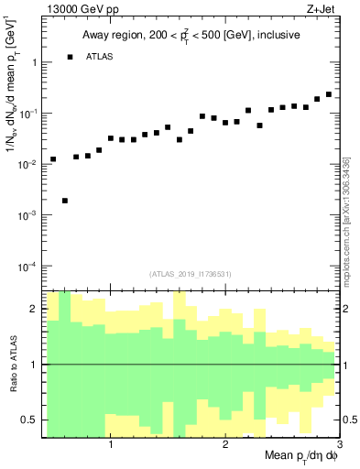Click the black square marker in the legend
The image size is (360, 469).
coord(70,57)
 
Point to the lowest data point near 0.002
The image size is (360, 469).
coord(65,201)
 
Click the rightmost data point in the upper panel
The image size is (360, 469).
coord(329,94)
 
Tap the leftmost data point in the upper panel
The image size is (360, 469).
coord(53,159)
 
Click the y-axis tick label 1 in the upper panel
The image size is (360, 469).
coord(33,63)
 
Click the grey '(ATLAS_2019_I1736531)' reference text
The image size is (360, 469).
coord(191,274)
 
